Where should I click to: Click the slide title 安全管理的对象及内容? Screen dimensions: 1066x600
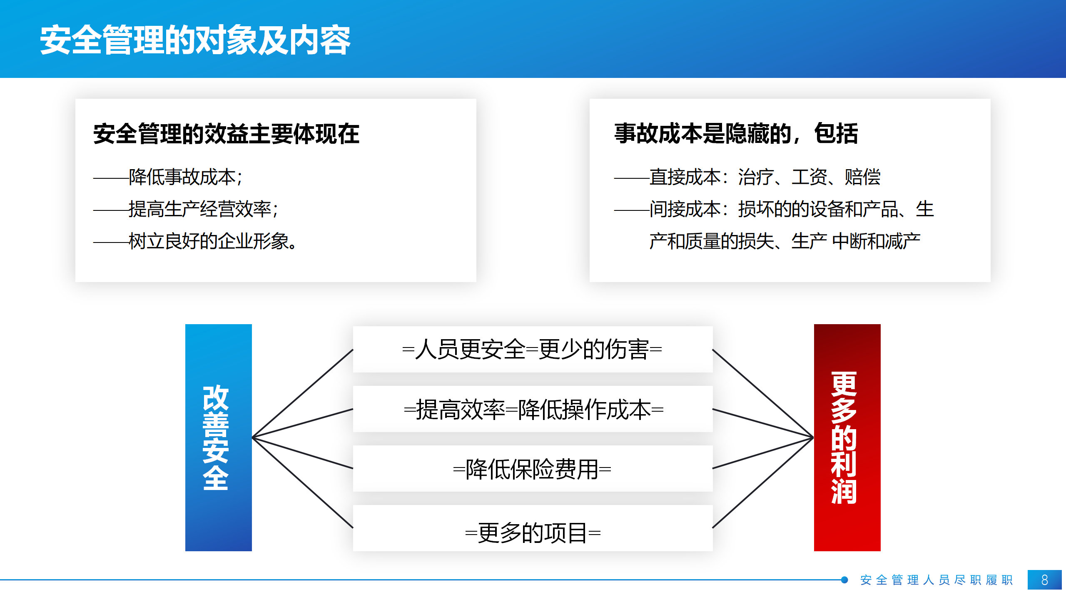point(195,40)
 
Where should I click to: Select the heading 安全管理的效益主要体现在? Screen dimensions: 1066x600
point(226,134)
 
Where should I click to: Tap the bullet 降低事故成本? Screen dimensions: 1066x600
point(182,177)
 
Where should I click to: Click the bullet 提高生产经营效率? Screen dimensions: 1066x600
point(200,209)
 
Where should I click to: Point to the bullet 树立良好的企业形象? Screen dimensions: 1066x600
point(209,241)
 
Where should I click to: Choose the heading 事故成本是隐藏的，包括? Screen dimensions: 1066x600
point(736,134)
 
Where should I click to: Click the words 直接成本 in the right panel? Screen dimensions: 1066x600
point(685,177)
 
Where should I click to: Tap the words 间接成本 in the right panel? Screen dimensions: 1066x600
point(685,209)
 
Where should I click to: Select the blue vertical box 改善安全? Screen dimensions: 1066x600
point(219,437)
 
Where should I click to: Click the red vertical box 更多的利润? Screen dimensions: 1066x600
point(847,437)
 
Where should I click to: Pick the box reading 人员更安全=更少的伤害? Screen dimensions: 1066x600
point(533,349)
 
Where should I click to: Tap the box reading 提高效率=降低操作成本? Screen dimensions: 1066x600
point(533,409)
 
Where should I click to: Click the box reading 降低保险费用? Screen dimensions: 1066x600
point(533,468)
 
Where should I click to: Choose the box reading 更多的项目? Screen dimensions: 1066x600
point(533,528)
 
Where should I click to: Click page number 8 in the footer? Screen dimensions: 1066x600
point(1045,580)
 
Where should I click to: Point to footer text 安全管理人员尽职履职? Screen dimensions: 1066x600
point(936,580)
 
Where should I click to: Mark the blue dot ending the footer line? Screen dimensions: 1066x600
point(844,580)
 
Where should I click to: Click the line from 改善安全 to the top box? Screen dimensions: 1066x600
point(303,393)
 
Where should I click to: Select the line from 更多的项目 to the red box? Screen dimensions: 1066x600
point(763,483)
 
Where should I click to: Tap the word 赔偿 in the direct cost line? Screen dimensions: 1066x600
point(862,177)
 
